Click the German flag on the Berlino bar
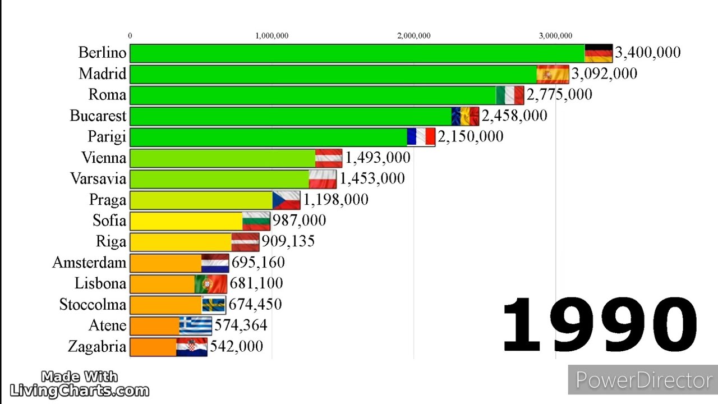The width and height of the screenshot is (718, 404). click(x=599, y=53)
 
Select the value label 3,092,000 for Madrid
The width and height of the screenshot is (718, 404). click(x=604, y=74)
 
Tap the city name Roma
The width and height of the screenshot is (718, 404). click(x=107, y=94)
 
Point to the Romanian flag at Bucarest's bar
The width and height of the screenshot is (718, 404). click(x=466, y=116)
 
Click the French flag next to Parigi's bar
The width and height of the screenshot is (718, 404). click(x=421, y=136)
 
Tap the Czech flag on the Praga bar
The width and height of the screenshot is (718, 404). click(x=286, y=200)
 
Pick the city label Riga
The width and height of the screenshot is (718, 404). click(x=111, y=241)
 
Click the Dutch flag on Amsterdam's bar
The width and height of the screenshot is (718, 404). click(x=215, y=263)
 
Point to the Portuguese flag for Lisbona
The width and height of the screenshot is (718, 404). click(x=211, y=283)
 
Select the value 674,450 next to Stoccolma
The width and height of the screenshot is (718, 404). click(x=255, y=304)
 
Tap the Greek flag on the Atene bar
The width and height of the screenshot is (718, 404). click(x=196, y=325)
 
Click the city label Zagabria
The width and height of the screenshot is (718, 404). click(x=97, y=346)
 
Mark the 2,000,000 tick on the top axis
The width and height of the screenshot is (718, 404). click(x=414, y=36)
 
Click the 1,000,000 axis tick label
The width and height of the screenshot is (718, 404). click(x=272, y=36)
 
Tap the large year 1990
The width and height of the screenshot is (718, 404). click(x=599, y=325)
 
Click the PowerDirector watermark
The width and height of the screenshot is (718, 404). click(x=643, y=380)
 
